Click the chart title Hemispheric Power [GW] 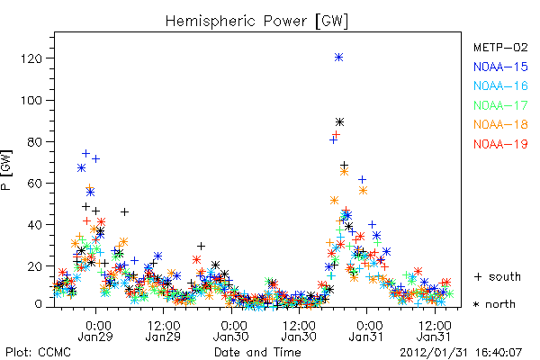coord(256,22)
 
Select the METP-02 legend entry coord(500,47)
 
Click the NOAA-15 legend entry coord(500,67)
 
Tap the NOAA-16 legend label coord(500,85)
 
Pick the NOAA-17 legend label coord(500,105)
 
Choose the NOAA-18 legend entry coord(500,124)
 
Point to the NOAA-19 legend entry coord(500,144)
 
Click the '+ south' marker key coord(498,276)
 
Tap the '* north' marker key coord(494,304)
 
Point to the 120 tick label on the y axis coord(31,58)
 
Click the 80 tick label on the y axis coord(35,141)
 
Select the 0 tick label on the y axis coord(39,304)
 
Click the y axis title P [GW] coord(6,170)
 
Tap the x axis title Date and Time coord(257,353)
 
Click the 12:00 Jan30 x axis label coord(299,331)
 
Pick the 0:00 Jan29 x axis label coord(95,331)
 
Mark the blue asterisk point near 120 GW coord(339,58)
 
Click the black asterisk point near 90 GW coord(340,122)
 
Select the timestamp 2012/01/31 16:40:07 coord(461,353)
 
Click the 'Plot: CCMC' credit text coord(38,353)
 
